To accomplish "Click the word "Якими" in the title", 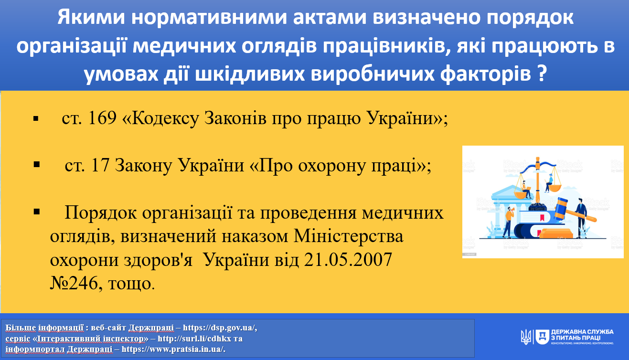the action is pyautogui.click(x=91, y=17).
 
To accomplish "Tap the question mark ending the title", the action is pyautogui.click(x=542, y=74).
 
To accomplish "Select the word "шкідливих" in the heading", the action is pyautogui.click(x=249, y=74).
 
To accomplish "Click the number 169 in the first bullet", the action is pyautogui.click(x=102, y=118).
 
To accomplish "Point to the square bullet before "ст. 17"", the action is pyautogui.click(x=36, y=165).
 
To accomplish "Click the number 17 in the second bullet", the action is pyautogui.click(x=100, y=165).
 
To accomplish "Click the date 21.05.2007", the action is pyautogui.click(x=348, y=260).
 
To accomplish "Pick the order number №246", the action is pyautogui.click(x=74, y=283).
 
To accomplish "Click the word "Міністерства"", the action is pyautogui.click(x=349, y=236).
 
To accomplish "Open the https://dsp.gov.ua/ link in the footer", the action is pyautogui.click(x=220, y=328).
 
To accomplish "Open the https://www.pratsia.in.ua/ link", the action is pyautogui.click(x=173, y=349).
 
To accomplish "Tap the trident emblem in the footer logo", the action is pyautogui.click(x=526, y=337).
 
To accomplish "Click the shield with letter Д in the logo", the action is pyautogui.click(x=542, y=337).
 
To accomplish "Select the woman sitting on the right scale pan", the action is pyautogui.click(x=549, y=183).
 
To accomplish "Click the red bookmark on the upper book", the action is pyautogui.click(x=542, y=218).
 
